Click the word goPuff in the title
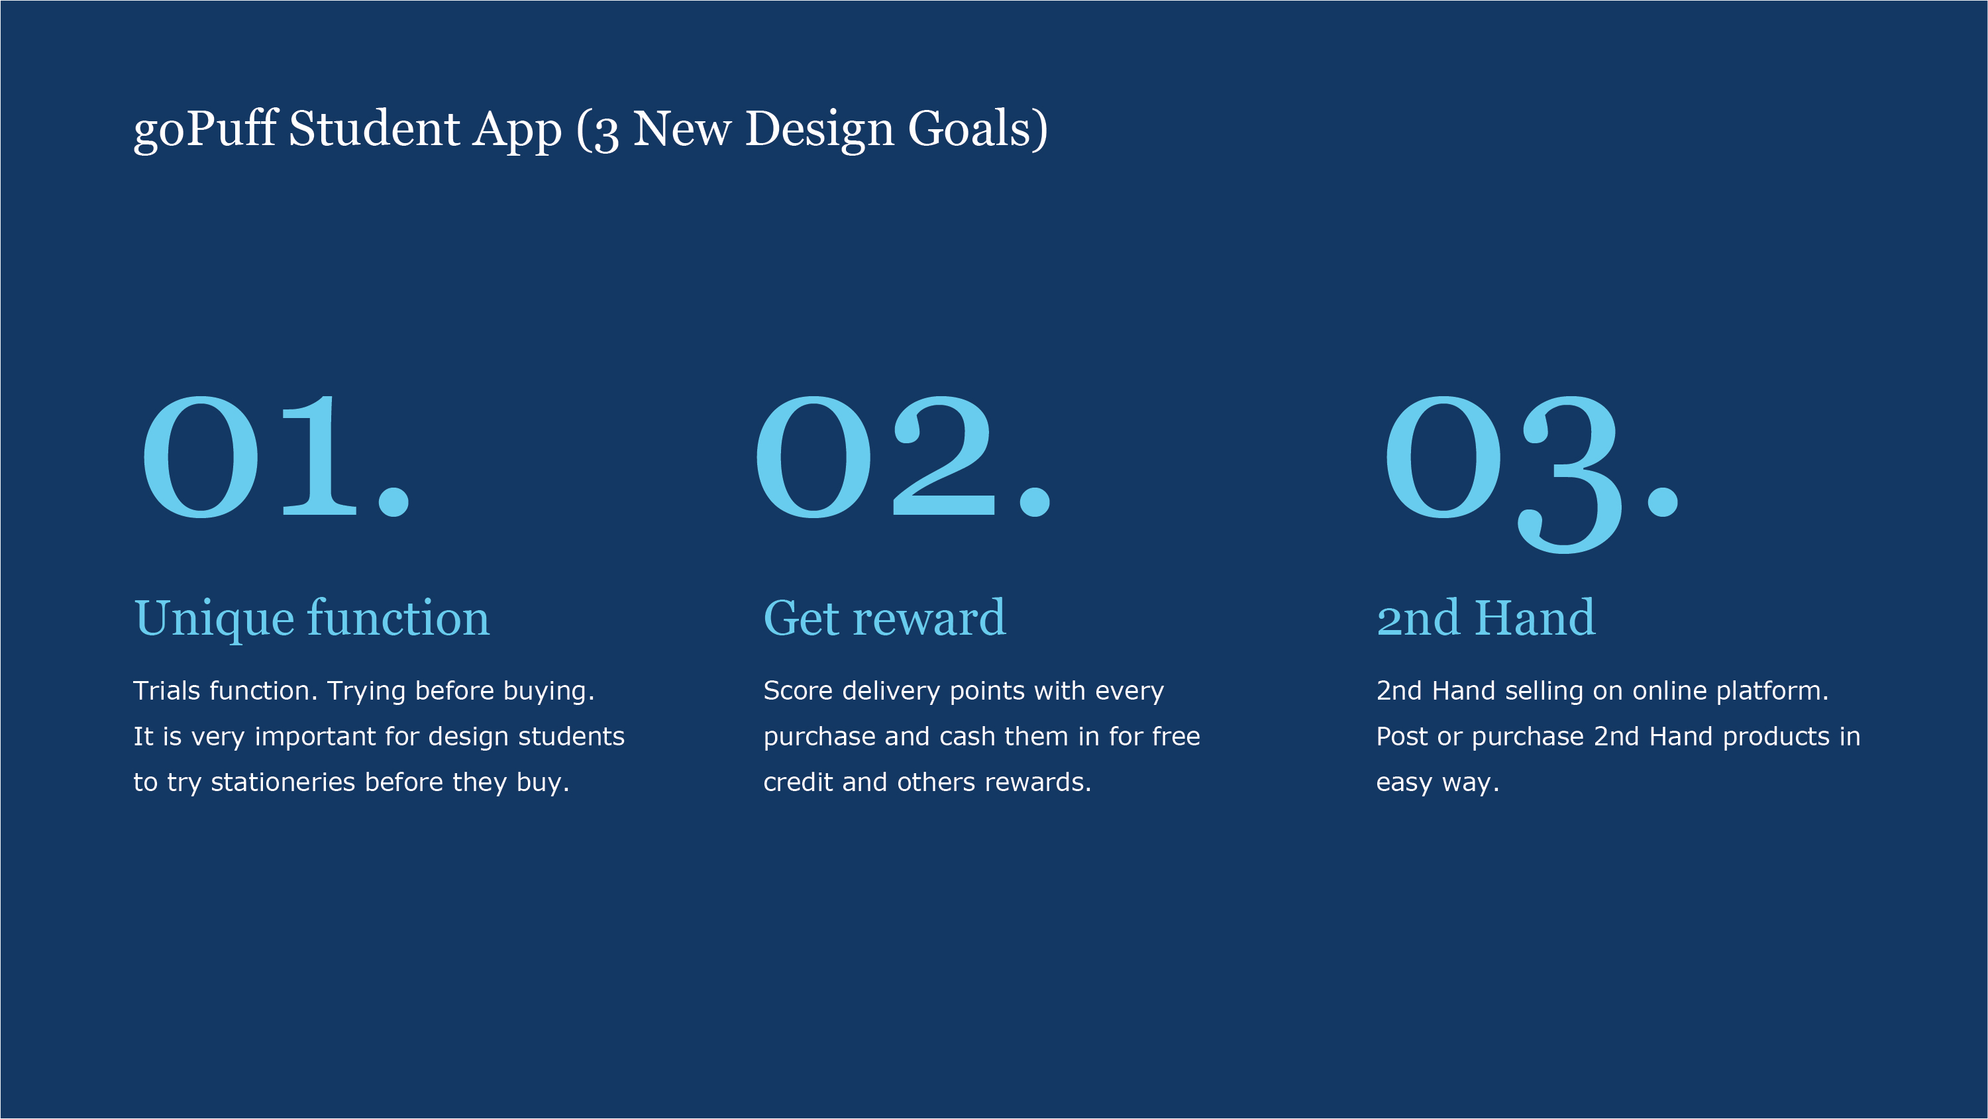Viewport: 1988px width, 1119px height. coord(205,129)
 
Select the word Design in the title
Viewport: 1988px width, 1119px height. coord(819,130)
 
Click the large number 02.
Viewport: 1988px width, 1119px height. coord(903,455)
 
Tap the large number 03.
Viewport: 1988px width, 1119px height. coord(1532,472)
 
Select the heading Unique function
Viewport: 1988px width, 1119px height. coord(312,619)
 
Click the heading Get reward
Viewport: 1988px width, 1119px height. coord(884,617)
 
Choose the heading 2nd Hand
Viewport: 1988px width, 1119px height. coord(1486,617)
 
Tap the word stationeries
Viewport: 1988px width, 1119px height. coord(282,782)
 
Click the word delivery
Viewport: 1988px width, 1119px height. coord(890,692)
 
